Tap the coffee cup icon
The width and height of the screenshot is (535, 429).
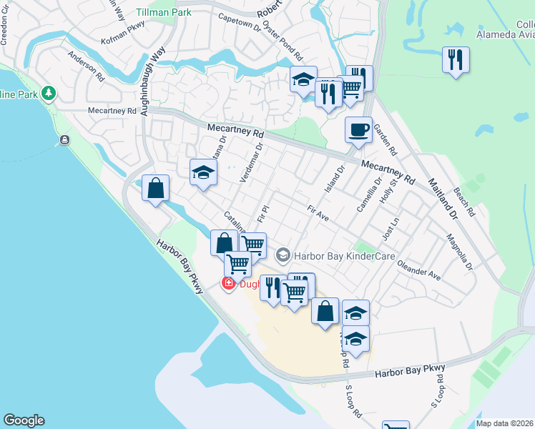pos(358,130)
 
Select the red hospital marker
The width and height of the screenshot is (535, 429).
pos(229,285)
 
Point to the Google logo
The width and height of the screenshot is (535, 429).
pos(24,420)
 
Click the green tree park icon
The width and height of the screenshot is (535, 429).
pos(49,93)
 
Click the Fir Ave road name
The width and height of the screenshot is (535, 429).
pos(318,212)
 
